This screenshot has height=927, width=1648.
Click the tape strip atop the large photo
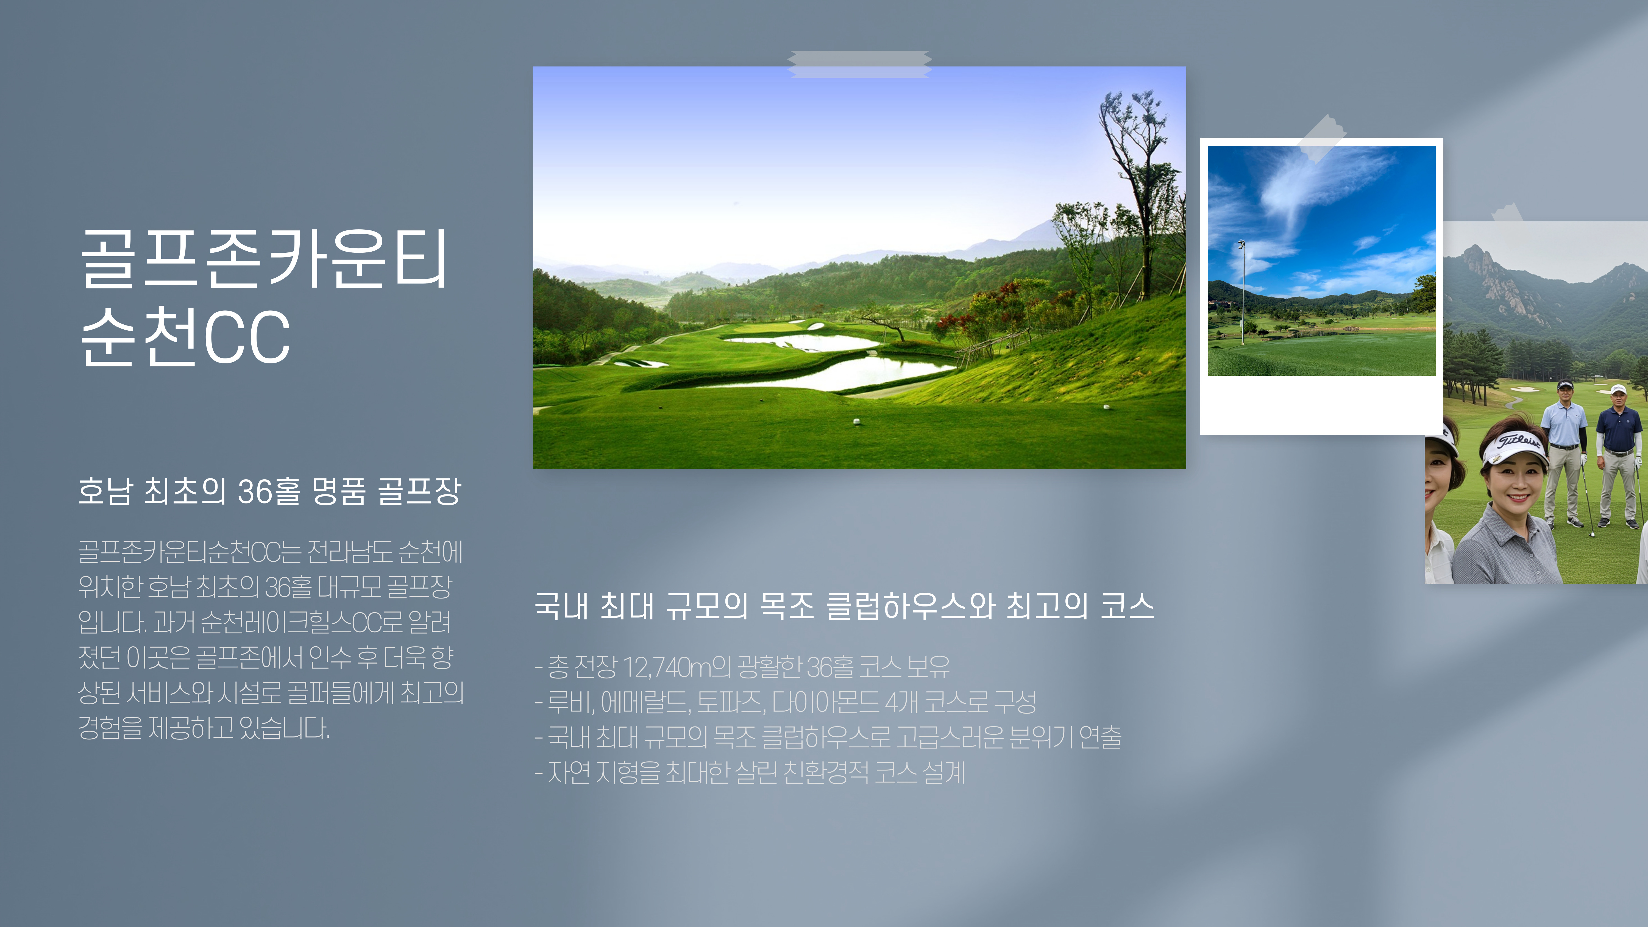point(859,64)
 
